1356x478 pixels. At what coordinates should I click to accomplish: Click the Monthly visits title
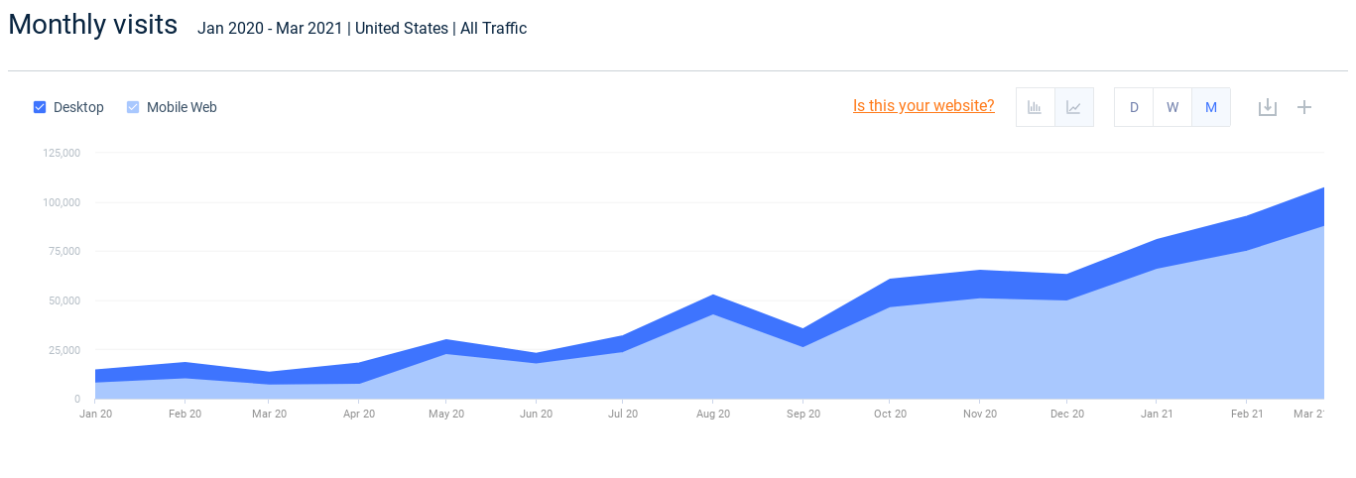(x=93, y=25)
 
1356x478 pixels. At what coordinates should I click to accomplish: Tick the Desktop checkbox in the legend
(x=40, y=107)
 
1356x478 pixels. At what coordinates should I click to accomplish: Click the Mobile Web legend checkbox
(x=133, y=107)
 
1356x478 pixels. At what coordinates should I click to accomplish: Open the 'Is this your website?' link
(x=924, y=106)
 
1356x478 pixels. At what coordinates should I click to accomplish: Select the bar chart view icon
(x=1035, y=107)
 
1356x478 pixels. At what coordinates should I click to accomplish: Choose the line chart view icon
(x=1073, y=107)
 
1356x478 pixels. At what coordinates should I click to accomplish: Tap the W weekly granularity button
(x=1172, y=107)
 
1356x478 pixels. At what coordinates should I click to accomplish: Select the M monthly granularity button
(x=1211, y=107)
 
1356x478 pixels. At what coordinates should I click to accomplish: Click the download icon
(x=1267, y=107)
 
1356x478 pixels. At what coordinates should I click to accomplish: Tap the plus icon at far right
(x=1304, y=107)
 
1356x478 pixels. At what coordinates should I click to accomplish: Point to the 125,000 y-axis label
(x=62, y=153)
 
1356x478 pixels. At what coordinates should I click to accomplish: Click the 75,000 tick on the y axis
(x=64, y=251)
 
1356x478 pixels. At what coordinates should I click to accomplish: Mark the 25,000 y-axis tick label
(x=64, y=349)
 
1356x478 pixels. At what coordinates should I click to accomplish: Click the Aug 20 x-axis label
(x=713, y=414)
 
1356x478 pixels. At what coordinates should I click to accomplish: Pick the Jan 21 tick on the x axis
(x=1156, y=414)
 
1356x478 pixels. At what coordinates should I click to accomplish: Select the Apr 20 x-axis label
(x=359, y=414)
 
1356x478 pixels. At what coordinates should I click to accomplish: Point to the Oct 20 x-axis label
(x=890, y=414)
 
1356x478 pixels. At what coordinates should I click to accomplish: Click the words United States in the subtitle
(x=401, y=29)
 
